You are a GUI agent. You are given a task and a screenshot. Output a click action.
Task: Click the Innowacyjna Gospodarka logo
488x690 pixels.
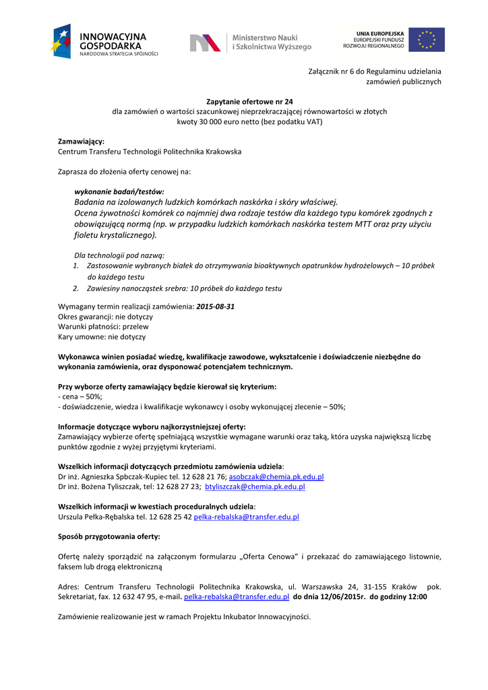pyautogui.click(x=104, y=42)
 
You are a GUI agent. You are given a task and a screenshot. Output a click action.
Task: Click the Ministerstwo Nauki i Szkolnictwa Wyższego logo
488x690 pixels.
pyautogui.click(x=250, y=42)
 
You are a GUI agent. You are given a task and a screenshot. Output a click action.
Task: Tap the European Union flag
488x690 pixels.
pyautogui.click(x=427, y=40)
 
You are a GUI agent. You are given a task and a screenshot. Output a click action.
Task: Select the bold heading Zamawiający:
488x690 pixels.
pyautogui.click(x=81, y=141)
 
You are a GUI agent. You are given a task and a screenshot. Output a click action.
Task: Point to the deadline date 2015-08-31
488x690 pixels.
pyautogui.click(x=216, y=306)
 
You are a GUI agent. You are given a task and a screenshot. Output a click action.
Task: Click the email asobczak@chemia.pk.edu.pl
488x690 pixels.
pyautogui.click(x=276, y=476)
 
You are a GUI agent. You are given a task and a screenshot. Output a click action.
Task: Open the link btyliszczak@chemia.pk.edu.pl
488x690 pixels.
pyautogui.click(x=255, y=487)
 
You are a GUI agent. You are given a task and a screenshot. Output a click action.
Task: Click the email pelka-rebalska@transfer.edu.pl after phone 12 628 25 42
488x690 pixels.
pyautogui.click(x=246, y=517)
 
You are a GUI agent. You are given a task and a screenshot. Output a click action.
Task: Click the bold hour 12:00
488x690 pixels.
pyautogui.click(x=417, y=597)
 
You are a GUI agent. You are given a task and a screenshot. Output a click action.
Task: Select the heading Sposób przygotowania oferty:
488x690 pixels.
pyautogui.click(x=109, y=536)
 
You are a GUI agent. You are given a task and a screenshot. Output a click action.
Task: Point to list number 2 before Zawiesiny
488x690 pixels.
pyautogui.click(x=76, y=288)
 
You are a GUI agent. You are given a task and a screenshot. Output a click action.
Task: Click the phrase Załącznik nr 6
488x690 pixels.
pyautogui.click(x=332, y=71)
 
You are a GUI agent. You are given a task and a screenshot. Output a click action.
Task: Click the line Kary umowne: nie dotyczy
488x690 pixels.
pyautogui.click(x=102, y=336)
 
